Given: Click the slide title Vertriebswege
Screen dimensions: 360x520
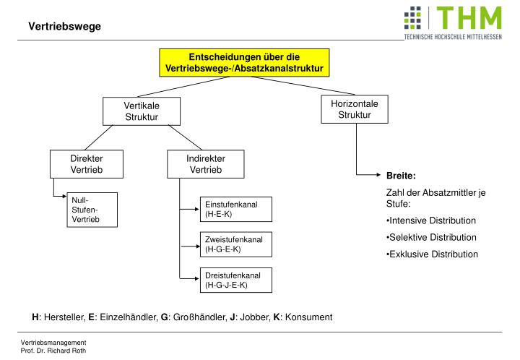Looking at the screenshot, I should pos(65,27).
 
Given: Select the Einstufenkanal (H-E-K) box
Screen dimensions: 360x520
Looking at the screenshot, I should pos(235,210).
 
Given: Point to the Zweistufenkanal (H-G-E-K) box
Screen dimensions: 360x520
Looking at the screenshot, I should pos(235,244).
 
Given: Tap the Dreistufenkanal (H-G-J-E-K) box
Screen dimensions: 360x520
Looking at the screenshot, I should pos(235,280).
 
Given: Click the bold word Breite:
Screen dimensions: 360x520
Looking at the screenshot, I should pos(401,176).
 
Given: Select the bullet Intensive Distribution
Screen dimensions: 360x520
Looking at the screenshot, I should pos(432,220).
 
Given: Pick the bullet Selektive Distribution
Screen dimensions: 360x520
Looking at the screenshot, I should pos(432,237).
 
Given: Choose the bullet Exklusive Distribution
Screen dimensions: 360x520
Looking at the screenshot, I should pos(432,254).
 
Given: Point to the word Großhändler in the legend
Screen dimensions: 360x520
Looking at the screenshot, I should pos(192,317).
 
